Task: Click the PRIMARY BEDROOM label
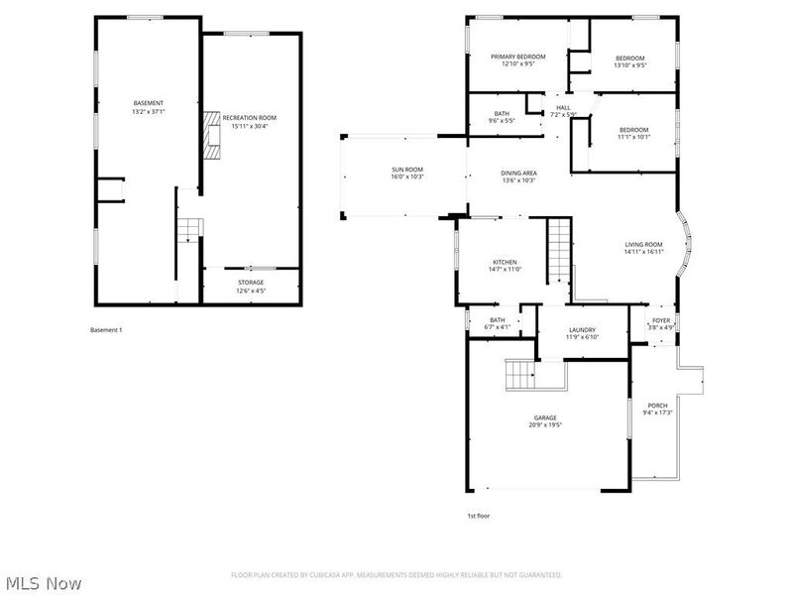(518, 58)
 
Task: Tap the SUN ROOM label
(406, 171)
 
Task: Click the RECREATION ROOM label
(250, 118)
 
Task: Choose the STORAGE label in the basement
(250, 283)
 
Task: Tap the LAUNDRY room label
(582, 330)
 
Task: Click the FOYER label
(659, 319)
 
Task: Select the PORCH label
(657, 406)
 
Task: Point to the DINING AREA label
(518, 174)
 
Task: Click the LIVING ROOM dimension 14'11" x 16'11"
(643, 252)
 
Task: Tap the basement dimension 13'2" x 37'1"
(149, 111)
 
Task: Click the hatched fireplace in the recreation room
(210, 135)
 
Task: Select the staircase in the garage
(520, 376)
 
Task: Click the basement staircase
(187, 233)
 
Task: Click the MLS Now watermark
(45, 583)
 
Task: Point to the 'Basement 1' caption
(106, 329)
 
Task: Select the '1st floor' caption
(479, 516)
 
